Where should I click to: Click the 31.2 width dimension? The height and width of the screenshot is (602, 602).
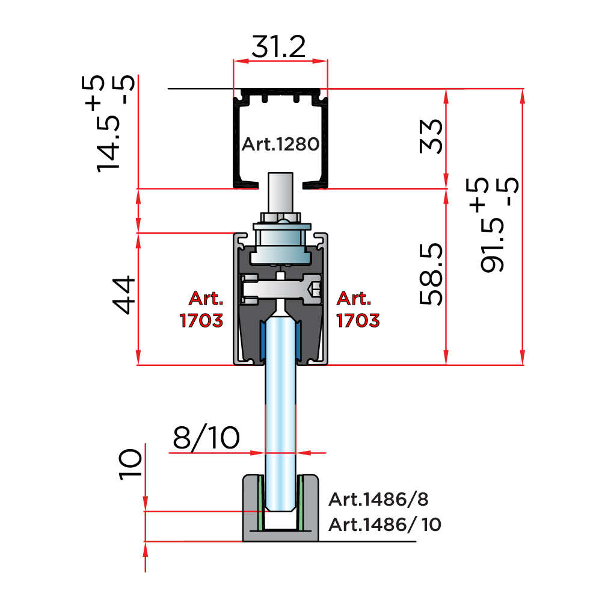click(x=278, y=46)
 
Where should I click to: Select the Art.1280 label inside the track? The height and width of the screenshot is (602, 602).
click(x=280, y=144)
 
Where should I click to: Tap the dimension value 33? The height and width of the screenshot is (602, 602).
click(x=431, y=137)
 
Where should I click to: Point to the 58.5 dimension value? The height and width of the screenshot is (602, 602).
click(x=431, y=274)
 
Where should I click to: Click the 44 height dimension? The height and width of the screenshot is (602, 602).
click(x=124, y=295)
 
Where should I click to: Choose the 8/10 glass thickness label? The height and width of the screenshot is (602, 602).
click(x=206, y=438)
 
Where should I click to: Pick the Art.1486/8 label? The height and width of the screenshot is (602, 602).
click(x=378, y=499)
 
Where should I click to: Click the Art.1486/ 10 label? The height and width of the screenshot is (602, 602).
click(x=385, y=524)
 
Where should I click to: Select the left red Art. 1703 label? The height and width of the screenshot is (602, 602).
click(x=201, y=309)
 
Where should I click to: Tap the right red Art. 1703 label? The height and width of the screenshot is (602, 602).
click(x=358, y=309)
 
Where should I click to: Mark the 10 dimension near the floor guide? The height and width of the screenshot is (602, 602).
click(x=130, y=464)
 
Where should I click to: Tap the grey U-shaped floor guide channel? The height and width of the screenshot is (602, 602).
click(x=281, y=508)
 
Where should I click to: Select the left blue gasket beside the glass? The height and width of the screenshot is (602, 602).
click(x=263, y=339)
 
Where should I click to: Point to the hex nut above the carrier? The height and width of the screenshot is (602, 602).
click(x=281, y=217)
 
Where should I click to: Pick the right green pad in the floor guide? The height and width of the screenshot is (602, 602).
click(x=300, y=503)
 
